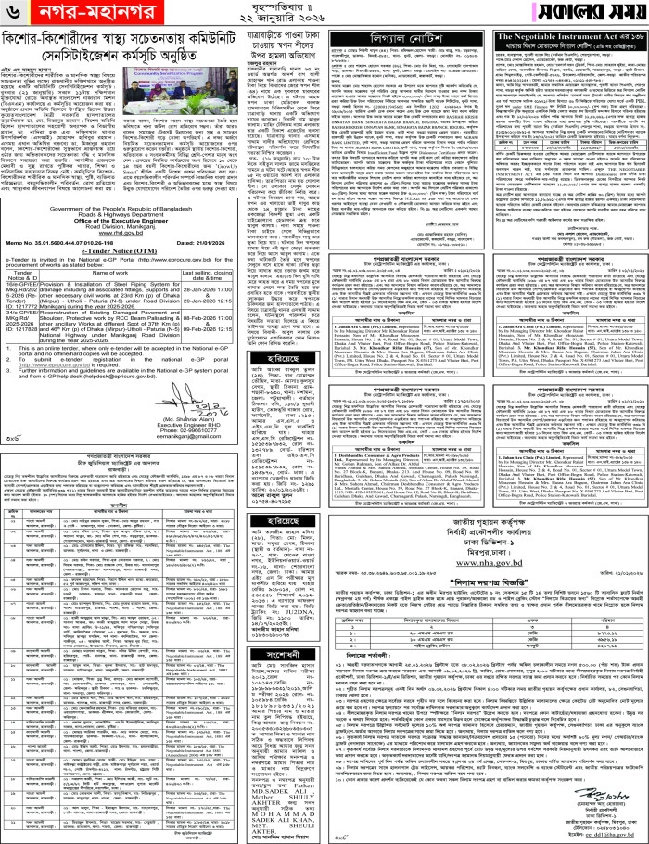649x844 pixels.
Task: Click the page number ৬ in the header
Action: click(x=15, y=14)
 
